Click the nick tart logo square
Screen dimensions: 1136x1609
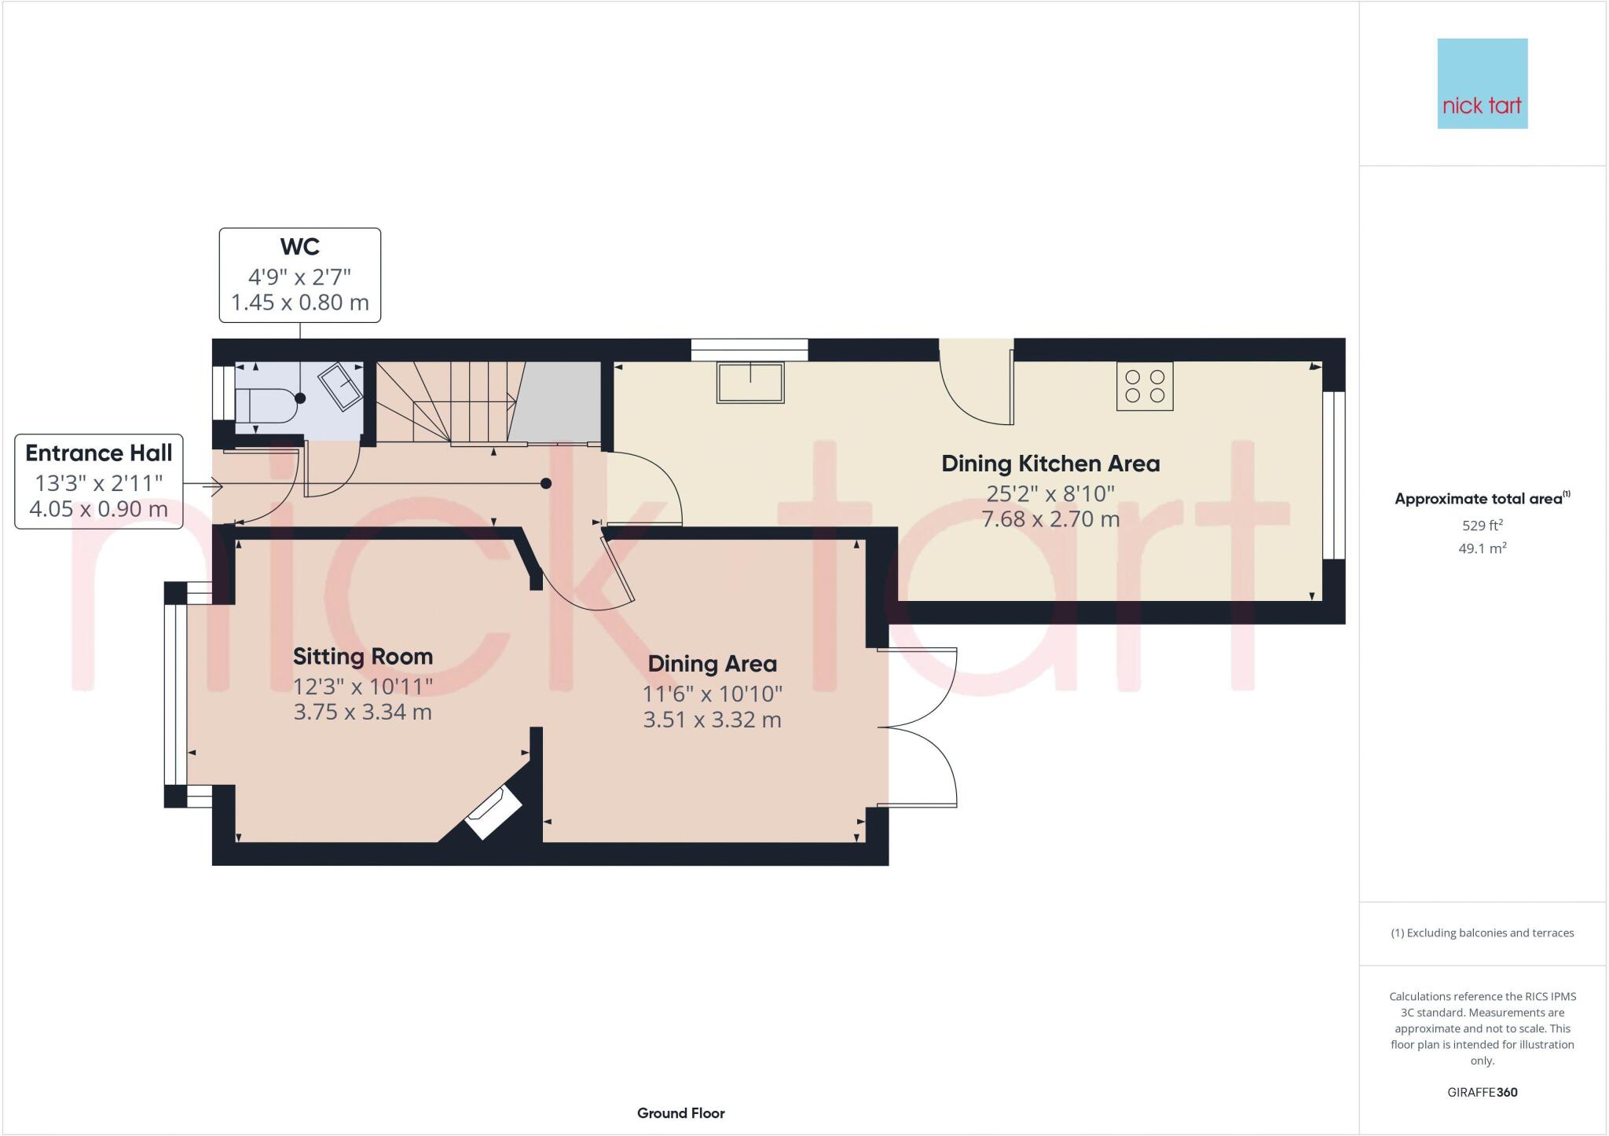1482,83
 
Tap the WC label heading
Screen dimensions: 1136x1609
299,247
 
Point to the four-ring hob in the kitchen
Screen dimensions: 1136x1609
1145,386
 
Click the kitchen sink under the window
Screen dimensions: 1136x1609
750,383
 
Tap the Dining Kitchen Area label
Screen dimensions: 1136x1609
1050,464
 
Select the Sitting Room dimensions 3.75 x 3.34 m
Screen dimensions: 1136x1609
362,713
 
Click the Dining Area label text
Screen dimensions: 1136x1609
712,664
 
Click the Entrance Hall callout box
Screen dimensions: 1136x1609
99,481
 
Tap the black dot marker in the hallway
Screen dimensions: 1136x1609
546,483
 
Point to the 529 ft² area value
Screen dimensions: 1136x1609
1482,526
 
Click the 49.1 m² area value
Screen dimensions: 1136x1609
1482,548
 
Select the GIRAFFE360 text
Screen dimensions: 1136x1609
1482,1092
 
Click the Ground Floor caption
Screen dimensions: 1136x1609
680,1113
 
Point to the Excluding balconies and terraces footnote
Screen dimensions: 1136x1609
1482,933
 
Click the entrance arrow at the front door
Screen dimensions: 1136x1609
213,487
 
